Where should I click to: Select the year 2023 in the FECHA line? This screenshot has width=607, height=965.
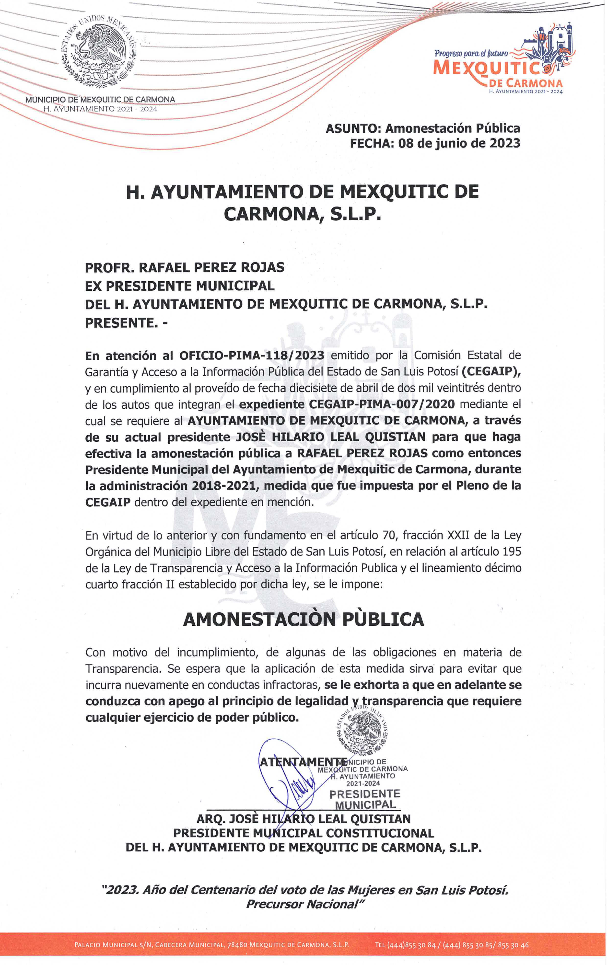click(x=504, y=143)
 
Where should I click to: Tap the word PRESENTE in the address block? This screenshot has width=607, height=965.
click(x=119, y=322)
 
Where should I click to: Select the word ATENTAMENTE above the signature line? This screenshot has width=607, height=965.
click(x=303, y=761)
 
